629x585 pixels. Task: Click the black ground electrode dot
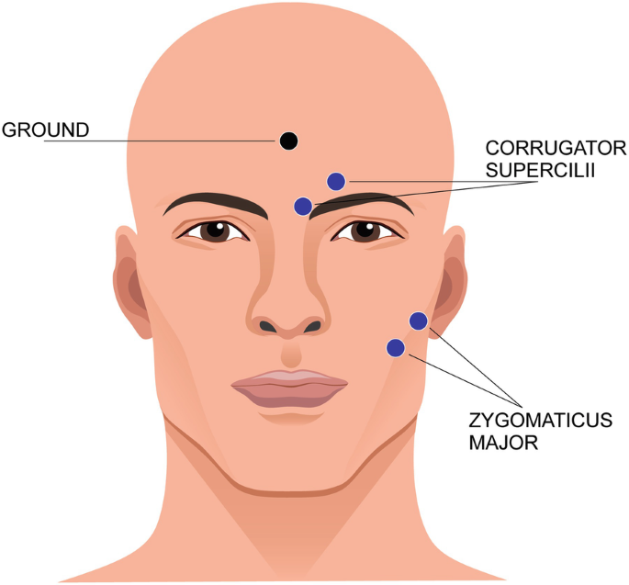pos(288,141)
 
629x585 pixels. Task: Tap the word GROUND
pos(46,129)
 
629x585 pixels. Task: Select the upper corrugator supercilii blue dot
pos(336,182)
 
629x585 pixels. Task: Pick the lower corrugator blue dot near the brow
pos(303,206)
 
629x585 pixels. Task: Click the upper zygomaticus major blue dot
pos(418,321)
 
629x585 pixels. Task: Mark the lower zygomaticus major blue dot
pos(396,347)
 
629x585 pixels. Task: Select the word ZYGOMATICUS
pos(540,422)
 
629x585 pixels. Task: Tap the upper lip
pos(288,377)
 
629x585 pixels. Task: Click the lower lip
pos(288,396)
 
